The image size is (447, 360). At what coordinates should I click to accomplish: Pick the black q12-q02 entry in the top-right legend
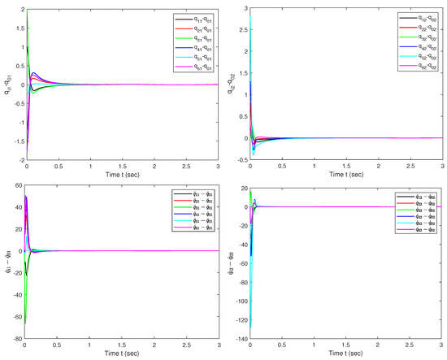(411, 18)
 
